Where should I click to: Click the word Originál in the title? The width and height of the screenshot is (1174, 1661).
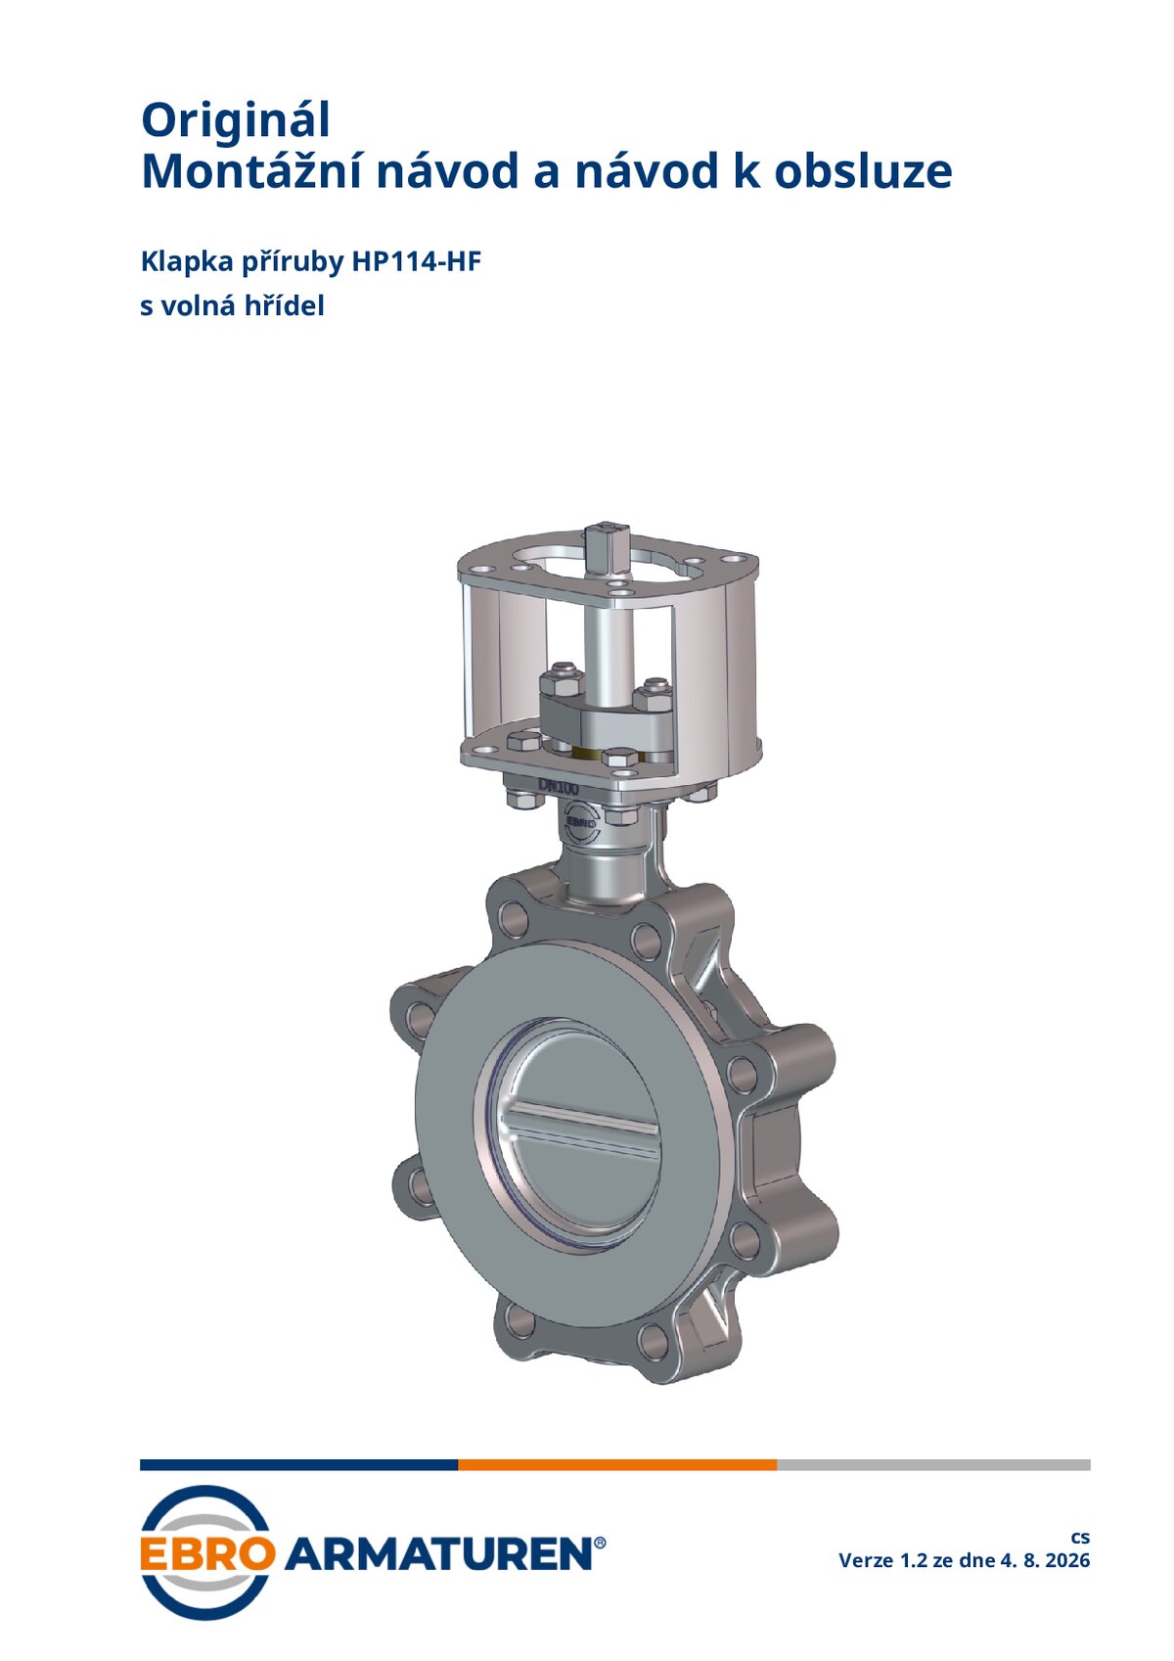click(x=235, y=120)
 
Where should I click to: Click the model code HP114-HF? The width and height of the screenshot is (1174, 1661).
click(x=417, y=261)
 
